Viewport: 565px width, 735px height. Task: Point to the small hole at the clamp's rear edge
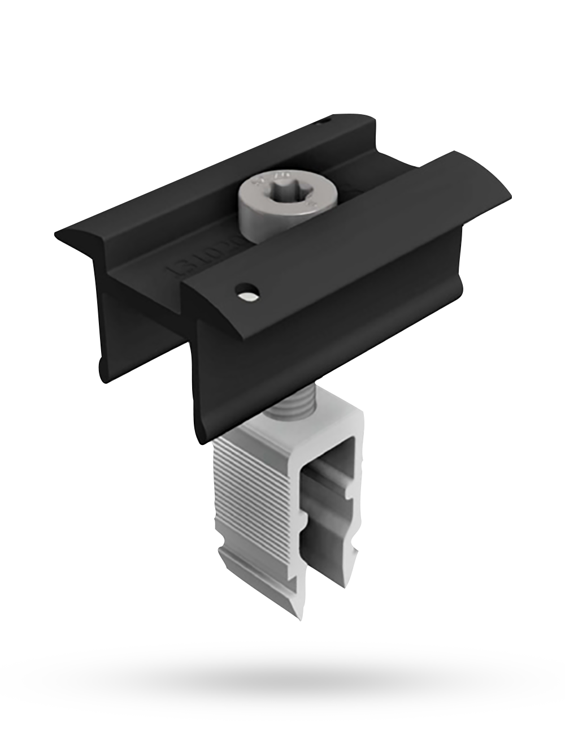point(323,120)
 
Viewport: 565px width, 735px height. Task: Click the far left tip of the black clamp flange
point(56,234)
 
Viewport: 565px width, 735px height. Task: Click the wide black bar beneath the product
point(282,687)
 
